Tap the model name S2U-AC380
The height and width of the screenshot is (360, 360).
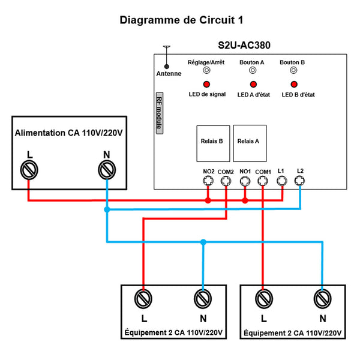pos(246,45)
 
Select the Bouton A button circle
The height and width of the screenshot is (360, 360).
pos(253,70)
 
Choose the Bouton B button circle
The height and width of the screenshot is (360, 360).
pos(293,70)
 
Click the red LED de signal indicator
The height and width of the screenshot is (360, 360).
pos(206,85)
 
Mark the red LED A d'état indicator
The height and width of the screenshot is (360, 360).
pos(253,85)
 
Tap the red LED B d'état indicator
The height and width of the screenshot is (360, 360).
pos(293,85)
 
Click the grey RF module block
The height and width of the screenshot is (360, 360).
pos(159,113)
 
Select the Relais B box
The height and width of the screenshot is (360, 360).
pos(212,143)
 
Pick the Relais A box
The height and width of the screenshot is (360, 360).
pos(249,142)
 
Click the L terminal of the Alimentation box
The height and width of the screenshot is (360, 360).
pos(28,170)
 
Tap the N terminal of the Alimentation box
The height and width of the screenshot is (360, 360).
pos(106,170)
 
